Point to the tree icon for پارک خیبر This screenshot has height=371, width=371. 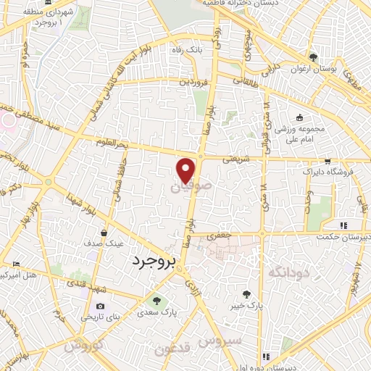pyautogui.click(x=249, y=295)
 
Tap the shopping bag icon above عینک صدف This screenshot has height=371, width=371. pyautogui.click(x=106, y=233)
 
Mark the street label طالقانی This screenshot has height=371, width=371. pyautogui.click(x=246, y=83)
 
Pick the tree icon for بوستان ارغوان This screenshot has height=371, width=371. pyautogui.click(x=313, y=57)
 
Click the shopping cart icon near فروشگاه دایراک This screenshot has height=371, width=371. pyautogui.click(x=328, y=162)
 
